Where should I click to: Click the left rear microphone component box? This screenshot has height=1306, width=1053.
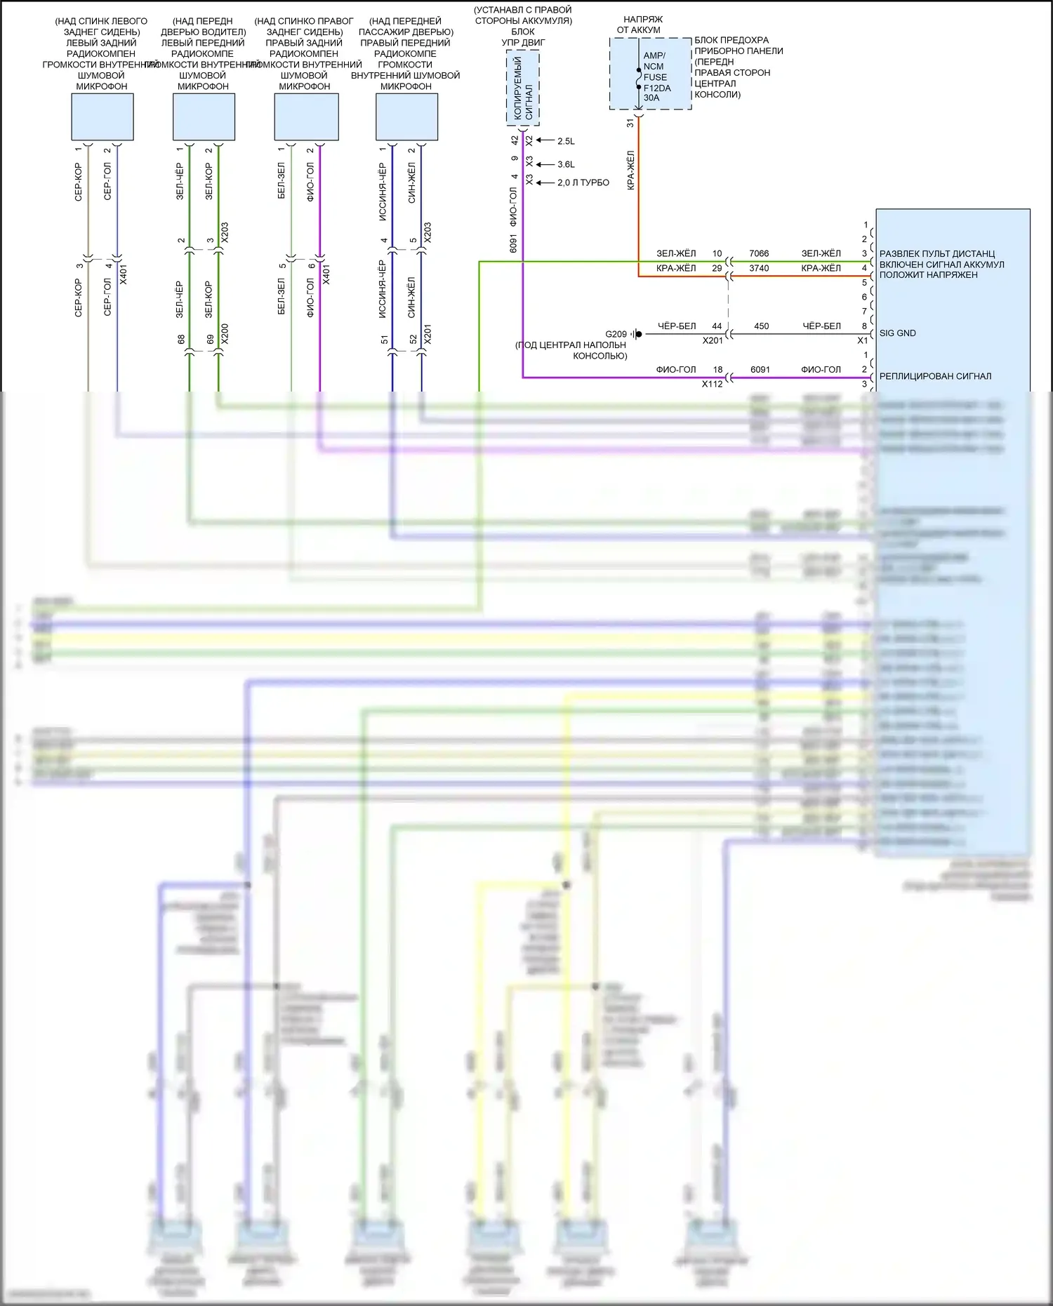click(x=102, y=117)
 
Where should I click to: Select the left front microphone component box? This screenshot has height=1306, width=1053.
click(x=204, y=117)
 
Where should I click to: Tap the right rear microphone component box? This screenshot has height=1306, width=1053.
click(x=306, y=117)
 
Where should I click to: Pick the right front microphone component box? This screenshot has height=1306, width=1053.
click(x=406, y=117)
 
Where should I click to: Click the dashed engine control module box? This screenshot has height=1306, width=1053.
click(x=523, y=88)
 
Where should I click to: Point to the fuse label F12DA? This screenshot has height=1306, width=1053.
click(x=657, y=88)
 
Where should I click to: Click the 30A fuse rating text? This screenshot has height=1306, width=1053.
click(x=651, y=98)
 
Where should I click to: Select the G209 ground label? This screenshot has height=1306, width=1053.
click(x=616, y=334)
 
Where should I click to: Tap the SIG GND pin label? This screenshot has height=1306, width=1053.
click(x=897, y=333)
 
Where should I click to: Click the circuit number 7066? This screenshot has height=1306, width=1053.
click(x=759, y=253)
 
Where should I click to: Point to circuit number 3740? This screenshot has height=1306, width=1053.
click(x=759, y=268)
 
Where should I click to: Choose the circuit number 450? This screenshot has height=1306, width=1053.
click(x=761, y=326)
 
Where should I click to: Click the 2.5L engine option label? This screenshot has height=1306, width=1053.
click(x=566, y=141)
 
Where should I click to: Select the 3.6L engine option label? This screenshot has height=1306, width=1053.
click(x=566, y=164)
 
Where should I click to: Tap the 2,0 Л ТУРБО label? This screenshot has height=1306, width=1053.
click(x=583, y=182)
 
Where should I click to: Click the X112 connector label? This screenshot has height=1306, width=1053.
click(x=712, y=384)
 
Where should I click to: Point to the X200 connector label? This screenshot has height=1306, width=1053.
click(x=225, y=334)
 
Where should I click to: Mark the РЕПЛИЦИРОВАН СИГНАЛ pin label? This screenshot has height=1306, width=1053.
click(x=935, y=376)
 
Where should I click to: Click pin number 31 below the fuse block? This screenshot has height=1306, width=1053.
click(x=630, y=123)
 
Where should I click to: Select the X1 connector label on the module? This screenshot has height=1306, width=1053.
click(x=862, y=340)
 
